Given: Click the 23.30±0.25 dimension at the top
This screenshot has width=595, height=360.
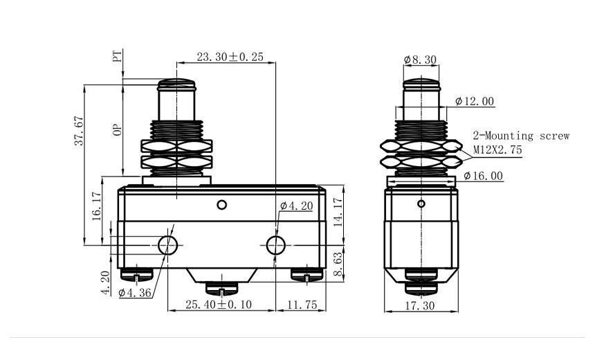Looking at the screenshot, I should click(229, 57).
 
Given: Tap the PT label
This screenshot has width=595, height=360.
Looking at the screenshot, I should click(118, 56).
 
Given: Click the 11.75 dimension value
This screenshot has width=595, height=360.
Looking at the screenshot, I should click(302, 305).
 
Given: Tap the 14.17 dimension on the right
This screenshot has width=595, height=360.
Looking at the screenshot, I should click(338, 213).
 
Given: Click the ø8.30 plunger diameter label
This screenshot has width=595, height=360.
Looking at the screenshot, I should click(420, 60).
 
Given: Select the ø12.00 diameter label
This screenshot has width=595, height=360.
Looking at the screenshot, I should click(475, 102).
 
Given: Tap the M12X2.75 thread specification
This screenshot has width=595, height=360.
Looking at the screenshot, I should click(497, 150).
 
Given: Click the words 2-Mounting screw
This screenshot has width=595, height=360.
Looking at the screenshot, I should click(521, 136).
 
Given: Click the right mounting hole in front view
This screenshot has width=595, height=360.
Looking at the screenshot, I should click(276, 244).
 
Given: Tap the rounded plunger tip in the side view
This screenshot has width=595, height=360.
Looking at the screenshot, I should click(421, 87).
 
